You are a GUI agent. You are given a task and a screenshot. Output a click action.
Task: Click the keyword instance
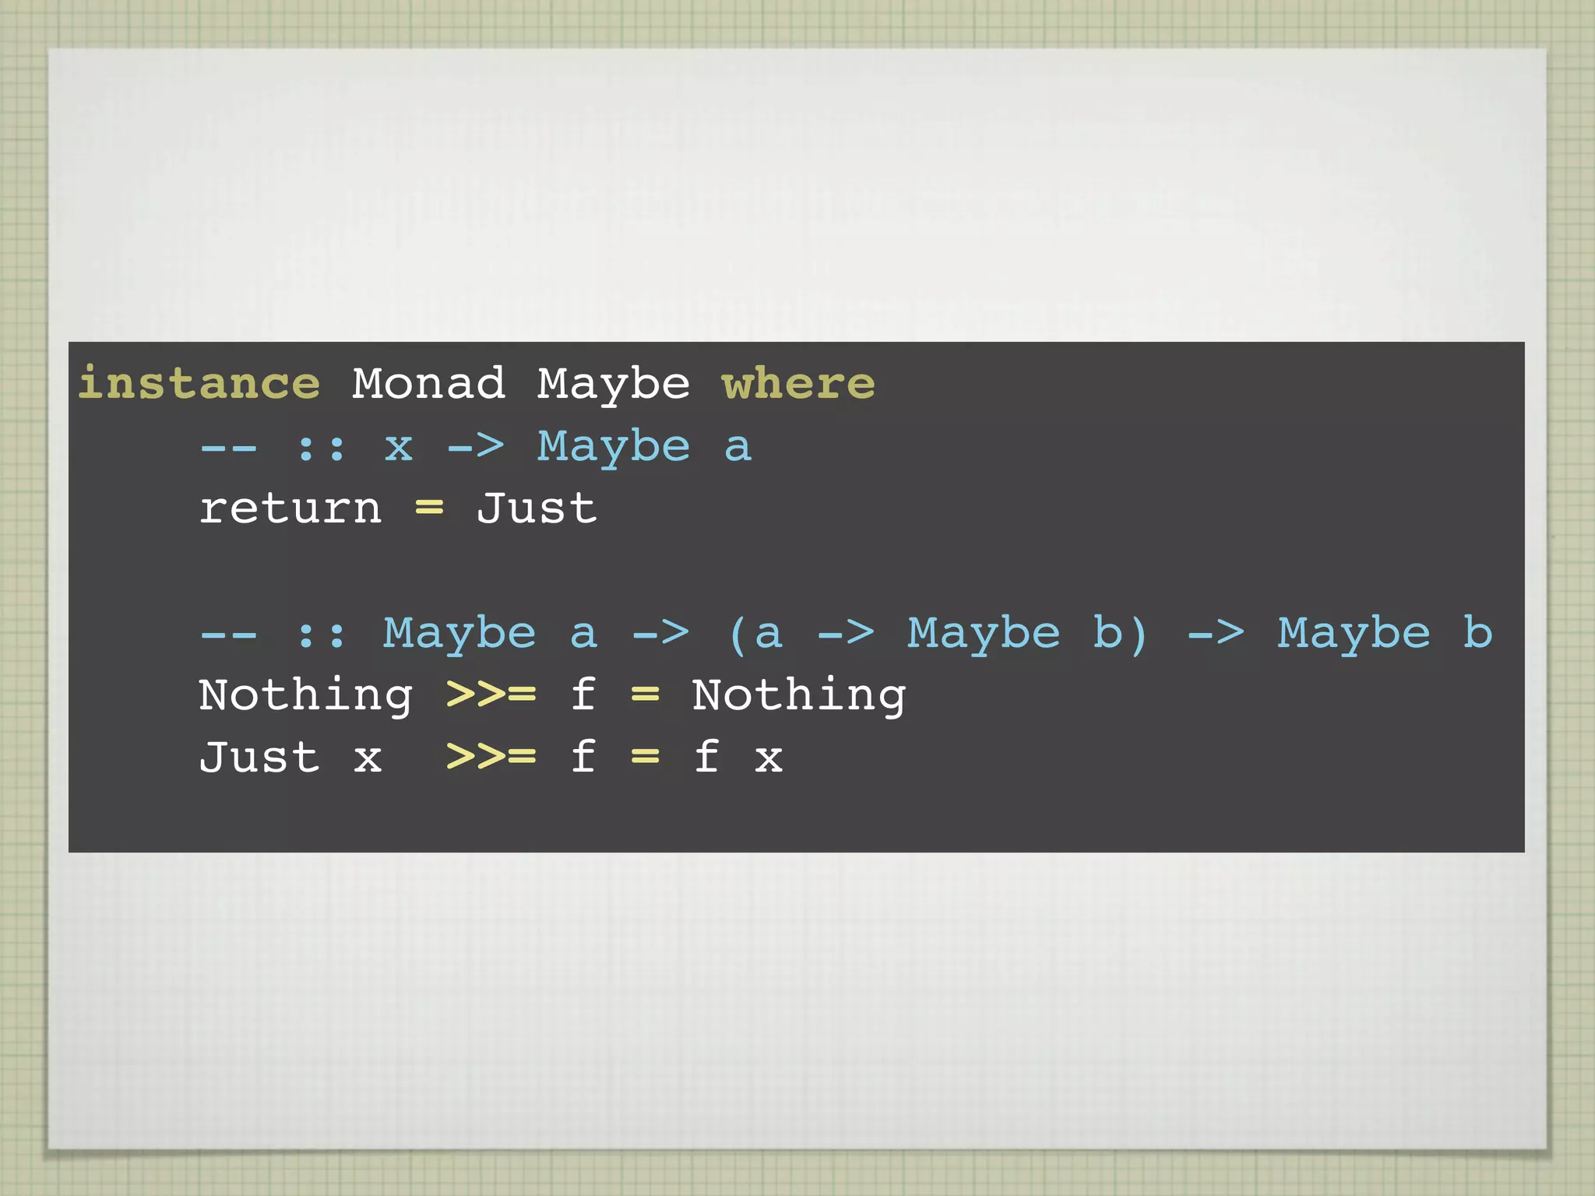pos(199,383)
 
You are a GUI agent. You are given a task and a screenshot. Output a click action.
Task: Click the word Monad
pos(428,383)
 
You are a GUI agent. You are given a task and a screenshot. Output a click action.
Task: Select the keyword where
pos(798,383)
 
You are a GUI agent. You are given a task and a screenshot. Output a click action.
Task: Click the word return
pos(290,509)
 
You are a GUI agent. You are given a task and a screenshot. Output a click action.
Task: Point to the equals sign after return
pos(429,509)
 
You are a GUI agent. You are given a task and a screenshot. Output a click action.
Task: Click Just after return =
pos(537,508)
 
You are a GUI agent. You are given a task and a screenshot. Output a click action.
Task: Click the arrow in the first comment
pos(476,446)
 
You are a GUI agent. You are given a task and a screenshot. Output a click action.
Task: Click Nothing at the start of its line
pos(305,695)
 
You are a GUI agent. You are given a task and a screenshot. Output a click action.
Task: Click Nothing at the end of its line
pos(799,695)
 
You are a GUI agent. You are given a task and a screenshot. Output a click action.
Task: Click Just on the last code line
pos(259,757)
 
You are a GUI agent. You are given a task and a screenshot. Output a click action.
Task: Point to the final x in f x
pos(769,758)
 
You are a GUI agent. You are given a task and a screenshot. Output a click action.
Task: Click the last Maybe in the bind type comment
pos(1354,633)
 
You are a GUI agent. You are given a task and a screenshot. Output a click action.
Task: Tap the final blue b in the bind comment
pos(1477,632)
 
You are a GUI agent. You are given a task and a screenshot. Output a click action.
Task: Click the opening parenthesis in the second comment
pos(738,634)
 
